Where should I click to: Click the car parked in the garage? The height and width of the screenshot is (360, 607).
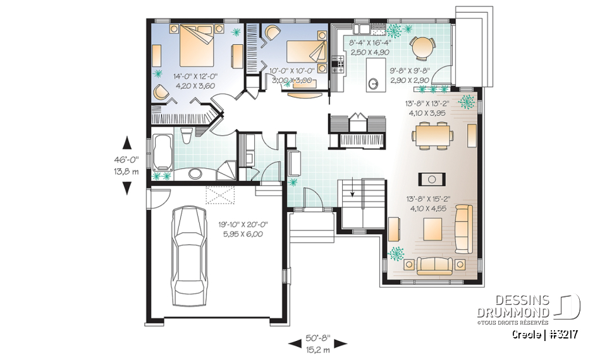tap(192, 252)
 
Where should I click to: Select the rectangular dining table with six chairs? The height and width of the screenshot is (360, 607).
tap(433, 134)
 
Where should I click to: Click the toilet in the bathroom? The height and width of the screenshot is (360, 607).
tap(187, 135)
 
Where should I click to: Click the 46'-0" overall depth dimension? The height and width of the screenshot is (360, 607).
tap(126, 161)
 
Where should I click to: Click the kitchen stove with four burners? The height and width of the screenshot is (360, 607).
tap(338, 63)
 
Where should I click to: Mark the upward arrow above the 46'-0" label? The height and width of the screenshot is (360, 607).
tap(126, 142)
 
